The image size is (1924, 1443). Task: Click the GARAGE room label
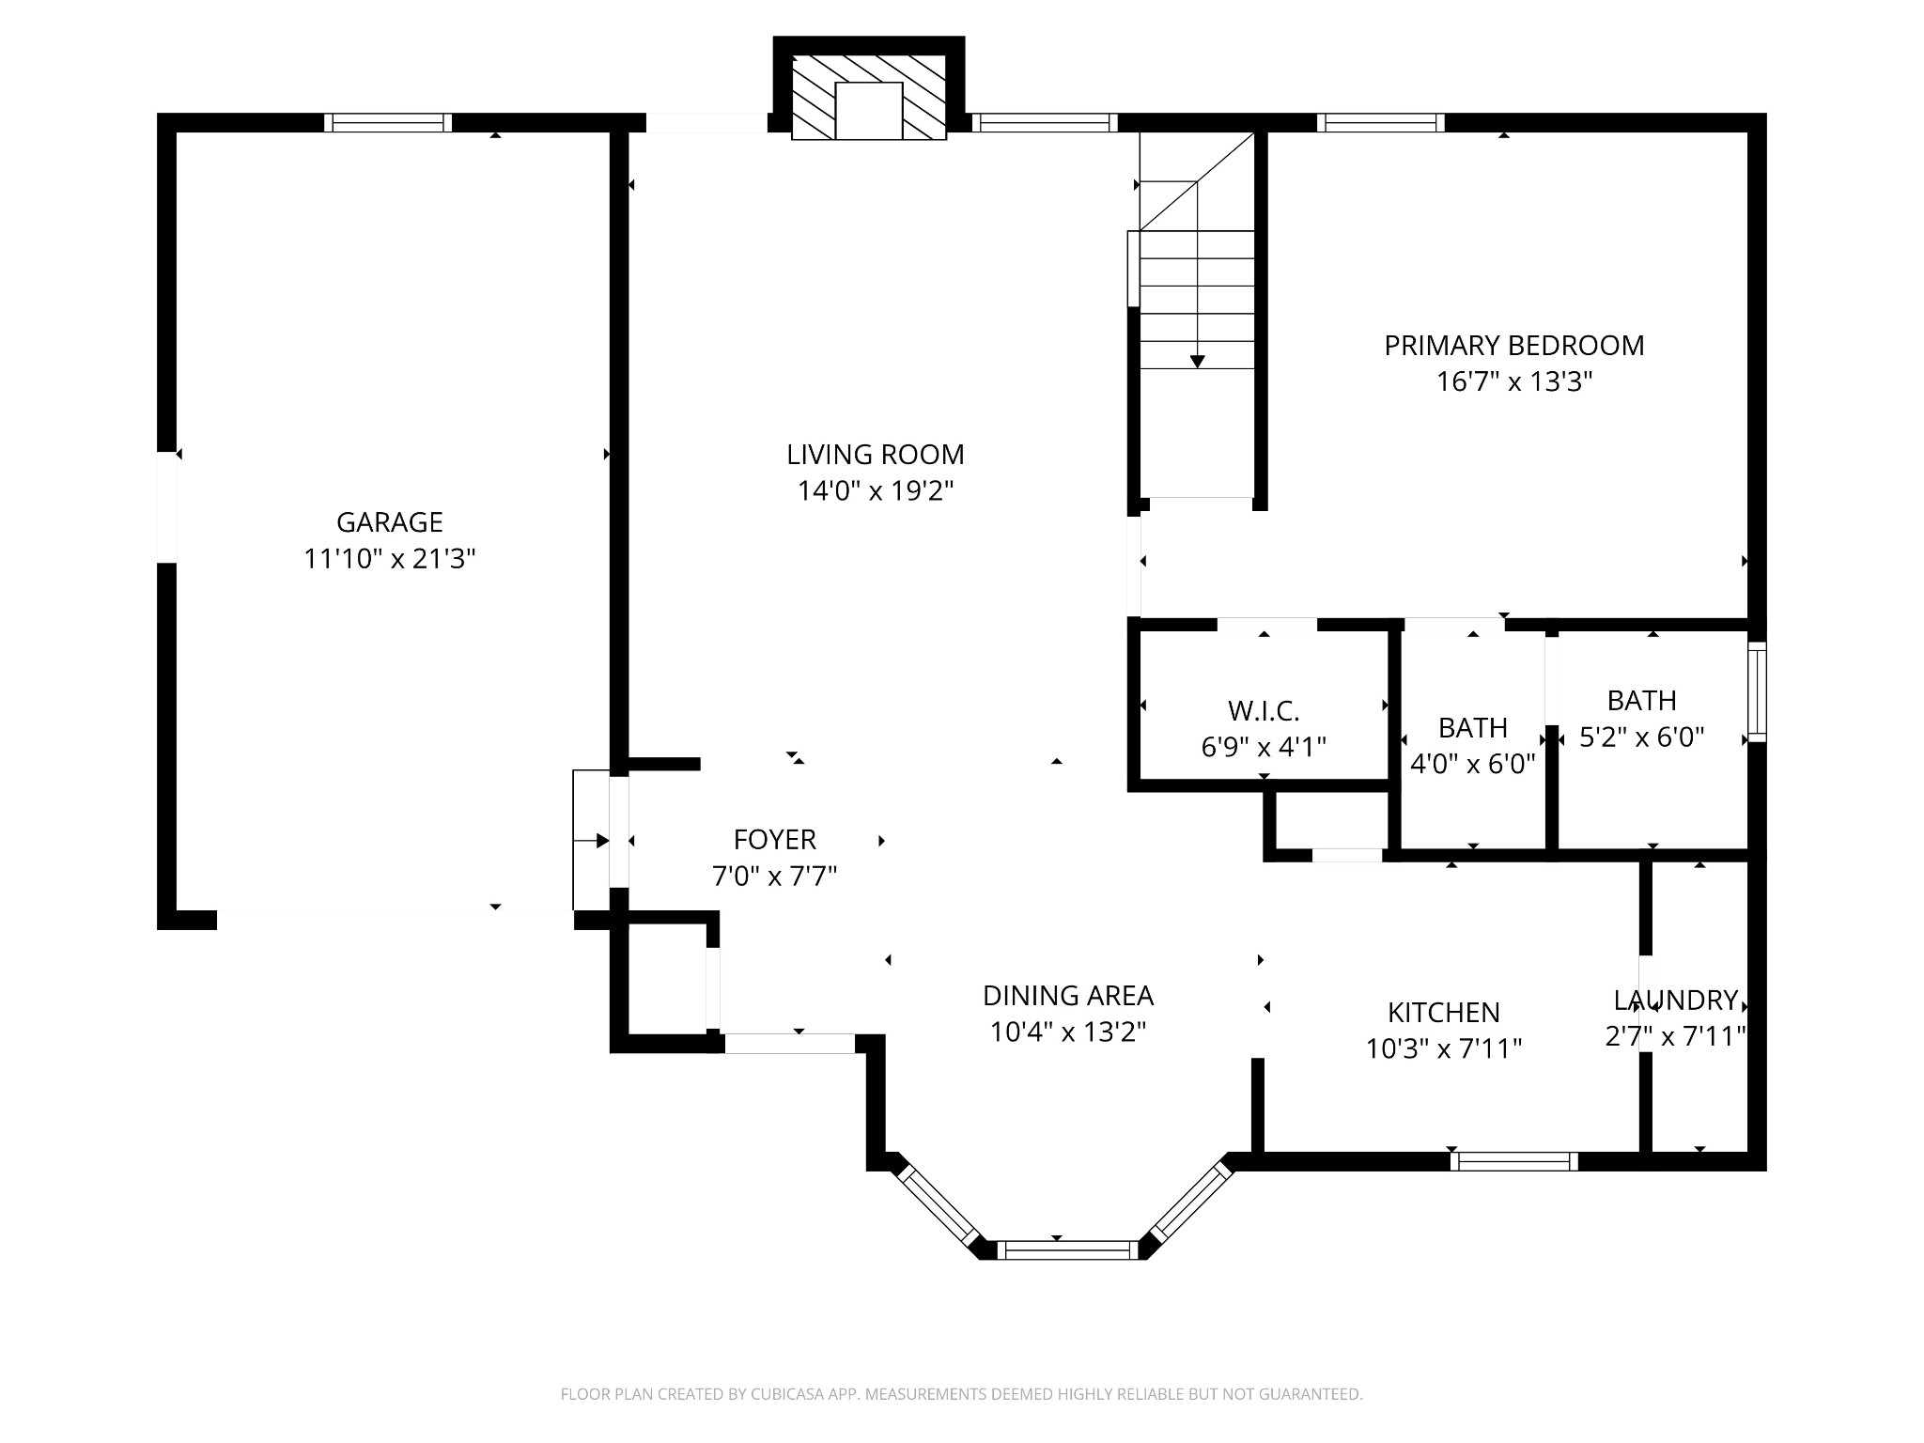[x=390, y=522]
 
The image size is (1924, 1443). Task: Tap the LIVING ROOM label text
[x=876, y=455]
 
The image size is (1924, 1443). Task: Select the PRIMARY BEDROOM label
[x=1514, y=346]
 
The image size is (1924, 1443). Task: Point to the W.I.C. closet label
[x=1264, y=710]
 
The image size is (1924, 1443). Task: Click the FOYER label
[x=775, y=839]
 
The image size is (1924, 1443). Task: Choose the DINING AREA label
[x=1068, y=995]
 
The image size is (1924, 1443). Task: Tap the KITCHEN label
[x=1444, y=1012]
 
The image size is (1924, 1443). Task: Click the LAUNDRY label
[x=1676, y=1000]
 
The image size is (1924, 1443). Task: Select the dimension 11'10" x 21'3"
[x=390, y=559]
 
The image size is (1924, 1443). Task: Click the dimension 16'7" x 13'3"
[x=1514, y=382]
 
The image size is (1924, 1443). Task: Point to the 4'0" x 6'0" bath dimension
[x=1473, y=764]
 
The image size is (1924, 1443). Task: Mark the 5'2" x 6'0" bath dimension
[x=1642, y=737]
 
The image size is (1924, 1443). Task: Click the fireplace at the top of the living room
[x=869, y=98]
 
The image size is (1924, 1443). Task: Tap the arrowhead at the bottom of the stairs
[x=1197, y=361]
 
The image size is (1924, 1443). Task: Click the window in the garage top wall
[x=388, y=123]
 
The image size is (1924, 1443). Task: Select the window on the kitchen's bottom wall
[x=1514, y=1161]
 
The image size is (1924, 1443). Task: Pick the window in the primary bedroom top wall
[x=1380, y=123]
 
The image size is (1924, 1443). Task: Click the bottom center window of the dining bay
[x=1067, y=1250]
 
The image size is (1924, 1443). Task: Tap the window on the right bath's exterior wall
[x=1757, y=691]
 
